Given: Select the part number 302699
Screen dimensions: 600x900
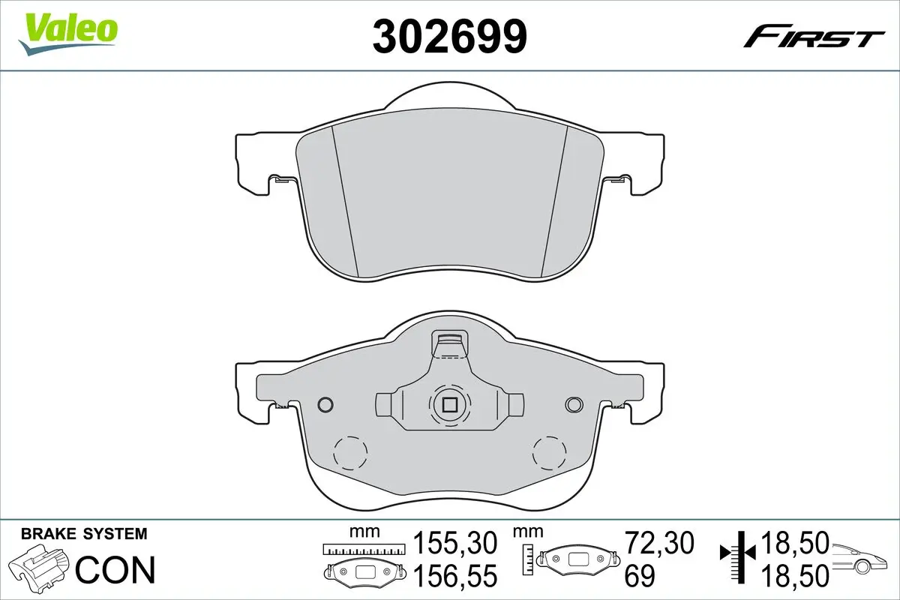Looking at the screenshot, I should pos(449,35).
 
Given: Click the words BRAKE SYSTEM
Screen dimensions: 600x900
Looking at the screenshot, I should pos(84,534).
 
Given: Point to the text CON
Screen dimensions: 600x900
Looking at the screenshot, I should pos(115,569).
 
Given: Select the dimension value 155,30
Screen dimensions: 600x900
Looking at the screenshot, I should pos(455,542).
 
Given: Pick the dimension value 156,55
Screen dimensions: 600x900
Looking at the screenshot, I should pos(455,576).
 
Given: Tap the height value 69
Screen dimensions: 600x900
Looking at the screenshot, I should pos(640,576).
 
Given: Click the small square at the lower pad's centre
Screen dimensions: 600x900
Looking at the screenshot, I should pos(449,405).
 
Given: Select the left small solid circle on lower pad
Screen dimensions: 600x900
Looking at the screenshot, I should pos(325,404).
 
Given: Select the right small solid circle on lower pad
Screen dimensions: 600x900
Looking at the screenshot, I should pos(574,404).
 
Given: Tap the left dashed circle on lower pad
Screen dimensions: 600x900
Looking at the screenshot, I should pos(349,453).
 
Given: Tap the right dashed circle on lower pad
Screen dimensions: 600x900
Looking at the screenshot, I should pos(550,453).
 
